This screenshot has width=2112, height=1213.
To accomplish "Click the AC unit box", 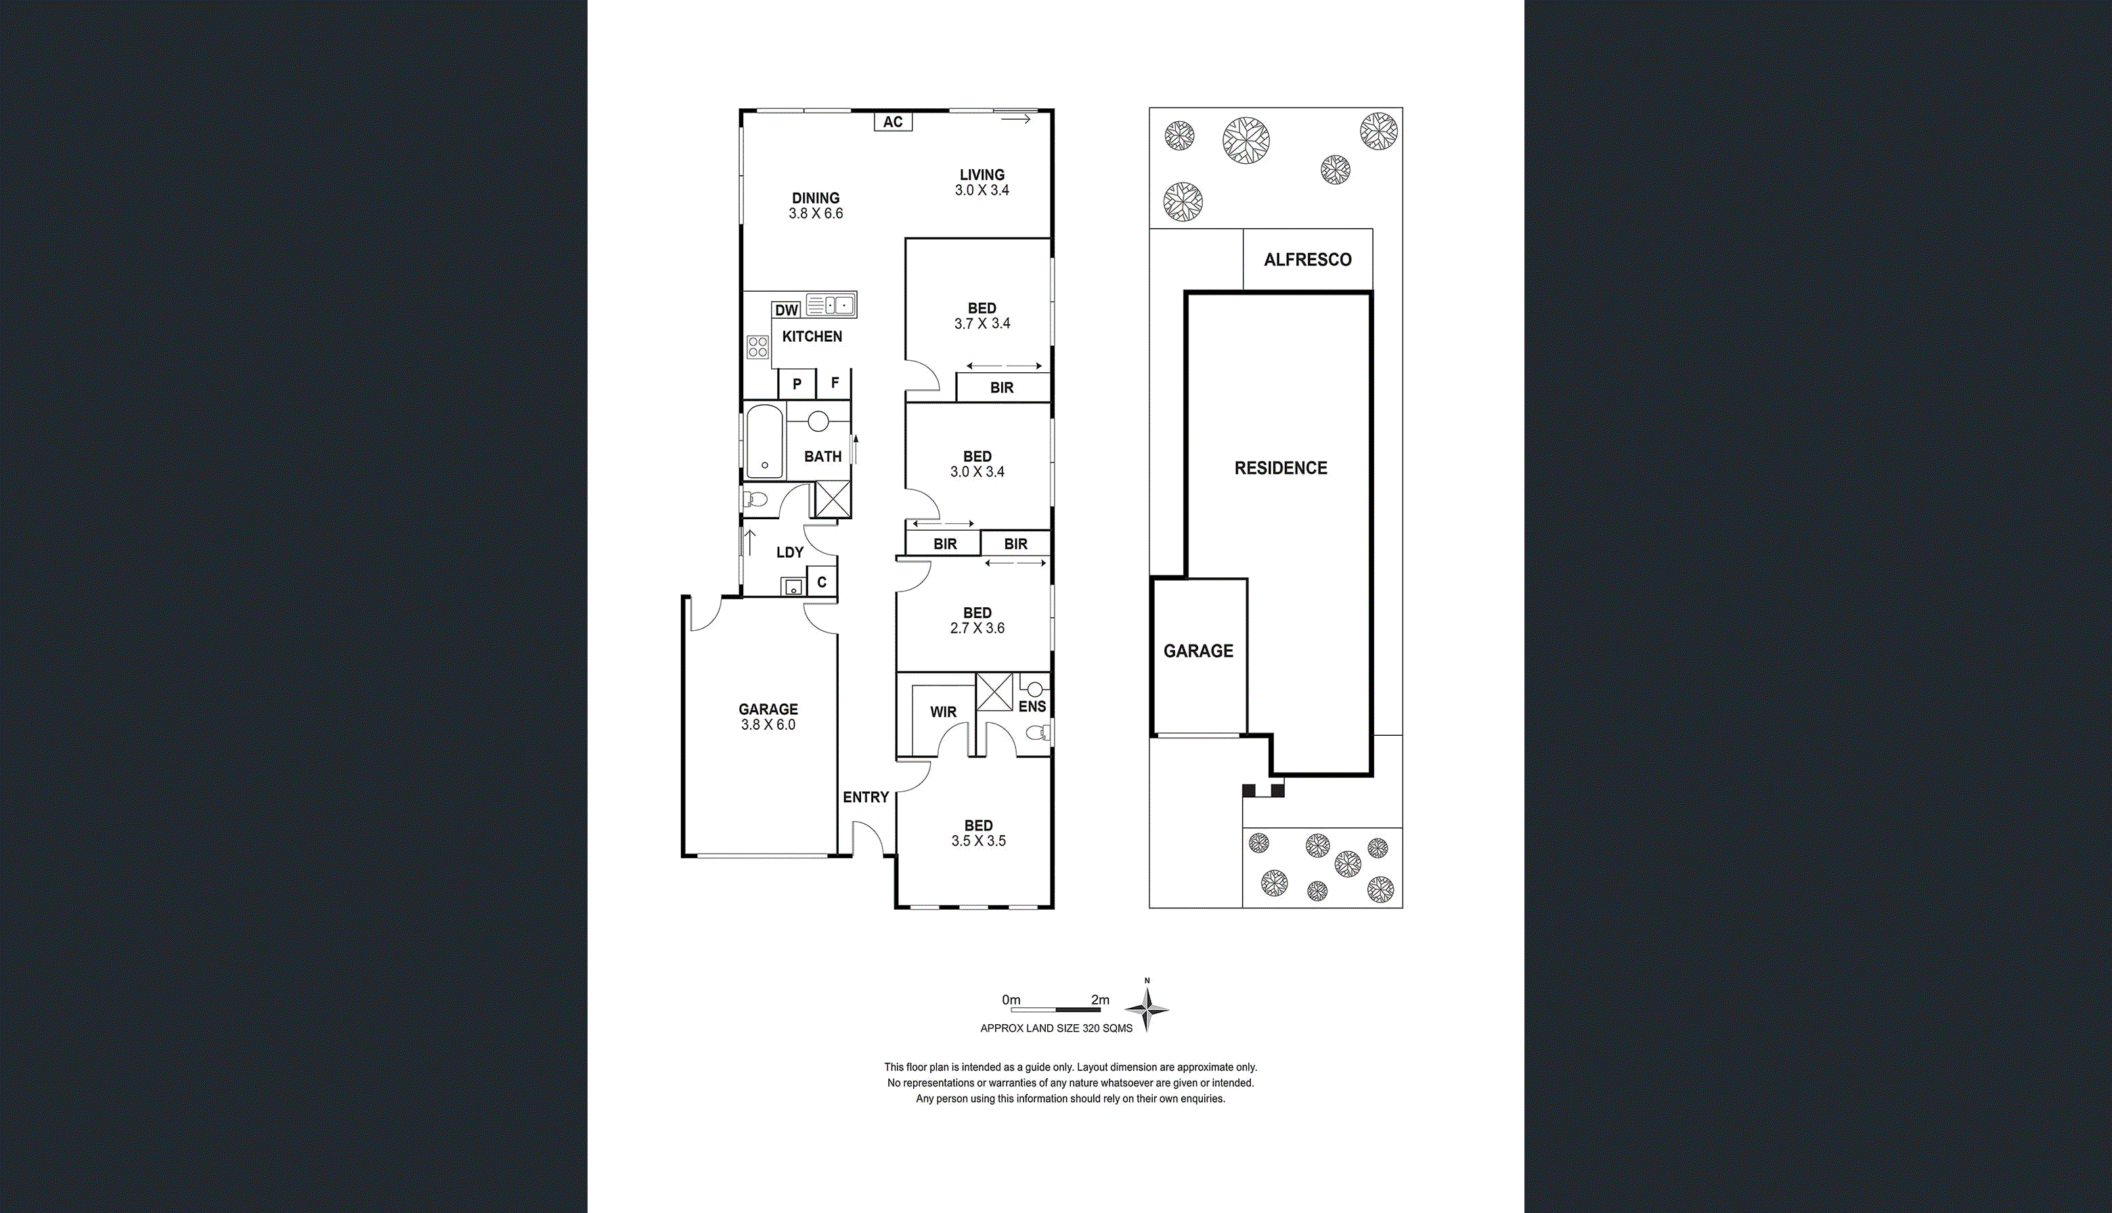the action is click(893, 122).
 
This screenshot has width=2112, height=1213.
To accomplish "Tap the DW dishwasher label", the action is click(787, 310).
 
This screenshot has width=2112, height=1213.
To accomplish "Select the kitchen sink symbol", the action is click(831, 304).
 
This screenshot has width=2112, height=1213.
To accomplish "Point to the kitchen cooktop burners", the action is click(758, 347).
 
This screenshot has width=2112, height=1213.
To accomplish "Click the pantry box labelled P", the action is click(797, 384).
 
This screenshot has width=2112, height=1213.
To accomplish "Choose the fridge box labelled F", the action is click(834, 383).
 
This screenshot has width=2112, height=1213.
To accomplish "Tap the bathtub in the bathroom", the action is click(765, 441).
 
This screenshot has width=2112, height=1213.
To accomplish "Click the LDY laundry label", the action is click(790, 552).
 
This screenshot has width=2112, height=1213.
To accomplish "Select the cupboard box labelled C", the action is click(822, 581).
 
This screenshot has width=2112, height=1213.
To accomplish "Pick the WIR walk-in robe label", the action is click(943, 712).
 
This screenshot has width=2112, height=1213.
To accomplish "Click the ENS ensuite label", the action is click(1032, 707).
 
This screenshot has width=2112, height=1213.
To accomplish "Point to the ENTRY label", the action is click(866, 797).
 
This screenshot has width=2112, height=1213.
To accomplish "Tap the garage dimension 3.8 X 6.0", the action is click(768, 725).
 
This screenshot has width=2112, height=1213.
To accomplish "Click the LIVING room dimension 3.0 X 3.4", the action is click(982, 190).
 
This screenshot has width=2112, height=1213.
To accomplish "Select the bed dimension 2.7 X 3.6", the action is click(977, 628).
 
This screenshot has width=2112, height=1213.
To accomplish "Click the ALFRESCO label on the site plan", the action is click(1307, 260).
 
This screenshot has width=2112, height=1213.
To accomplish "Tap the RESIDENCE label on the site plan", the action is click(1281, 468).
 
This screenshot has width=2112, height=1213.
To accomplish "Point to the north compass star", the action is click(1147, 1009).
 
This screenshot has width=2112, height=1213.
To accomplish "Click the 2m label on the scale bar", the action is click(1100, 1000).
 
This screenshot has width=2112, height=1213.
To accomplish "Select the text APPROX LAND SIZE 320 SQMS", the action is click(1057, 1028).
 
